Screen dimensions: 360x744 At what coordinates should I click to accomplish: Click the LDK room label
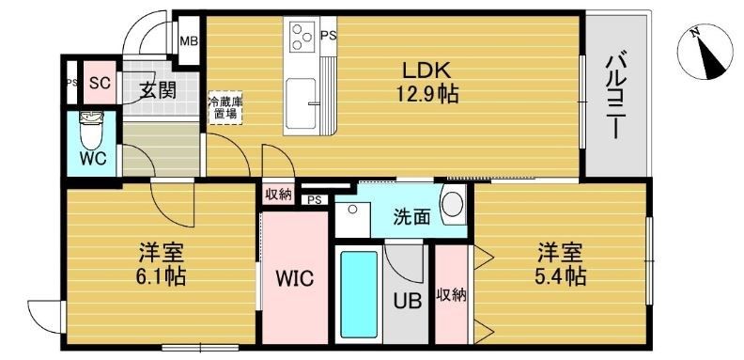[428, 71]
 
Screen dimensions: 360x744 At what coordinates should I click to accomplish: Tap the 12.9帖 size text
[428, 95]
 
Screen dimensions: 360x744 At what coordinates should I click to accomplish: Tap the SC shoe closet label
[99, 82]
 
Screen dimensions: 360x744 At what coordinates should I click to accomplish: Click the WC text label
[92, 158]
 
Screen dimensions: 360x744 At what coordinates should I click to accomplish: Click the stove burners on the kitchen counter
[302, 37]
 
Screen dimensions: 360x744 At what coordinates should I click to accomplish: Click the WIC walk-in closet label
[294, 279]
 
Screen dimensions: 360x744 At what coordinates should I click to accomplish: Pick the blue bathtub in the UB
[358, 293]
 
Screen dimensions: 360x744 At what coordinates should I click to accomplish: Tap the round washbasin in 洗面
[454, 204]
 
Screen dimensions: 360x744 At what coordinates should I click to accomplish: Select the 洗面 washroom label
[411, 216]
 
